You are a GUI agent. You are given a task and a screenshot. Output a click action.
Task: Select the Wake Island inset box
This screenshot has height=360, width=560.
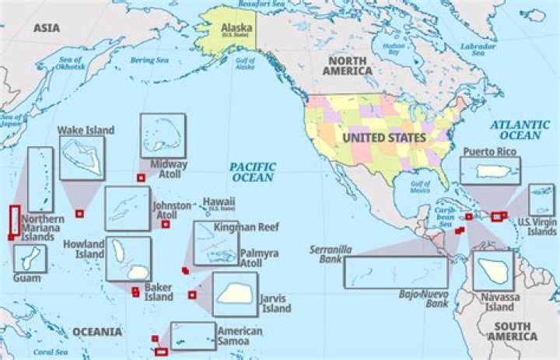pyautogui.click(x=82, y=158)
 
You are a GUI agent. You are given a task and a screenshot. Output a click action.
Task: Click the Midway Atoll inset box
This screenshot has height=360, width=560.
pyautogui.click(x=163, y=135)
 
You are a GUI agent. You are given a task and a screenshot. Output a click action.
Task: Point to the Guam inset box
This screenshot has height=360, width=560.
pyautogui.click(x=29, y=259)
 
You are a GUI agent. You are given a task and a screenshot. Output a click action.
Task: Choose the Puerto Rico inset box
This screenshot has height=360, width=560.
pyautogui.click(x=490, y=170)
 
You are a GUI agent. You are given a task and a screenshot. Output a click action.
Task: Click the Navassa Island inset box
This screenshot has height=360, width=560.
pyautogui.click(x=493, y=270)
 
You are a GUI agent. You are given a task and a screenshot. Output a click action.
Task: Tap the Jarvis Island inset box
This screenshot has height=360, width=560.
pyautogui.click(x=234, y=294)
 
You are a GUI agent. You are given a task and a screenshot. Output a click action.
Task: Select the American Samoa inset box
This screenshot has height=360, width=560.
pyautogui.click(x=193, y=336)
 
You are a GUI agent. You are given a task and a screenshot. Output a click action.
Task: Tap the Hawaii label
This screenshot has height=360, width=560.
pyautogui.click(x=219, y=202)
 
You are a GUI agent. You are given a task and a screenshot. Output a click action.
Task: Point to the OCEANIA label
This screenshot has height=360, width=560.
pyautogui.click(x=97, y=332)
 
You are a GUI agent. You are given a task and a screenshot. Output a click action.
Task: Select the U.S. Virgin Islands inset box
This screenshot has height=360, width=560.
pyautogui.click(x=541, y=200)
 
